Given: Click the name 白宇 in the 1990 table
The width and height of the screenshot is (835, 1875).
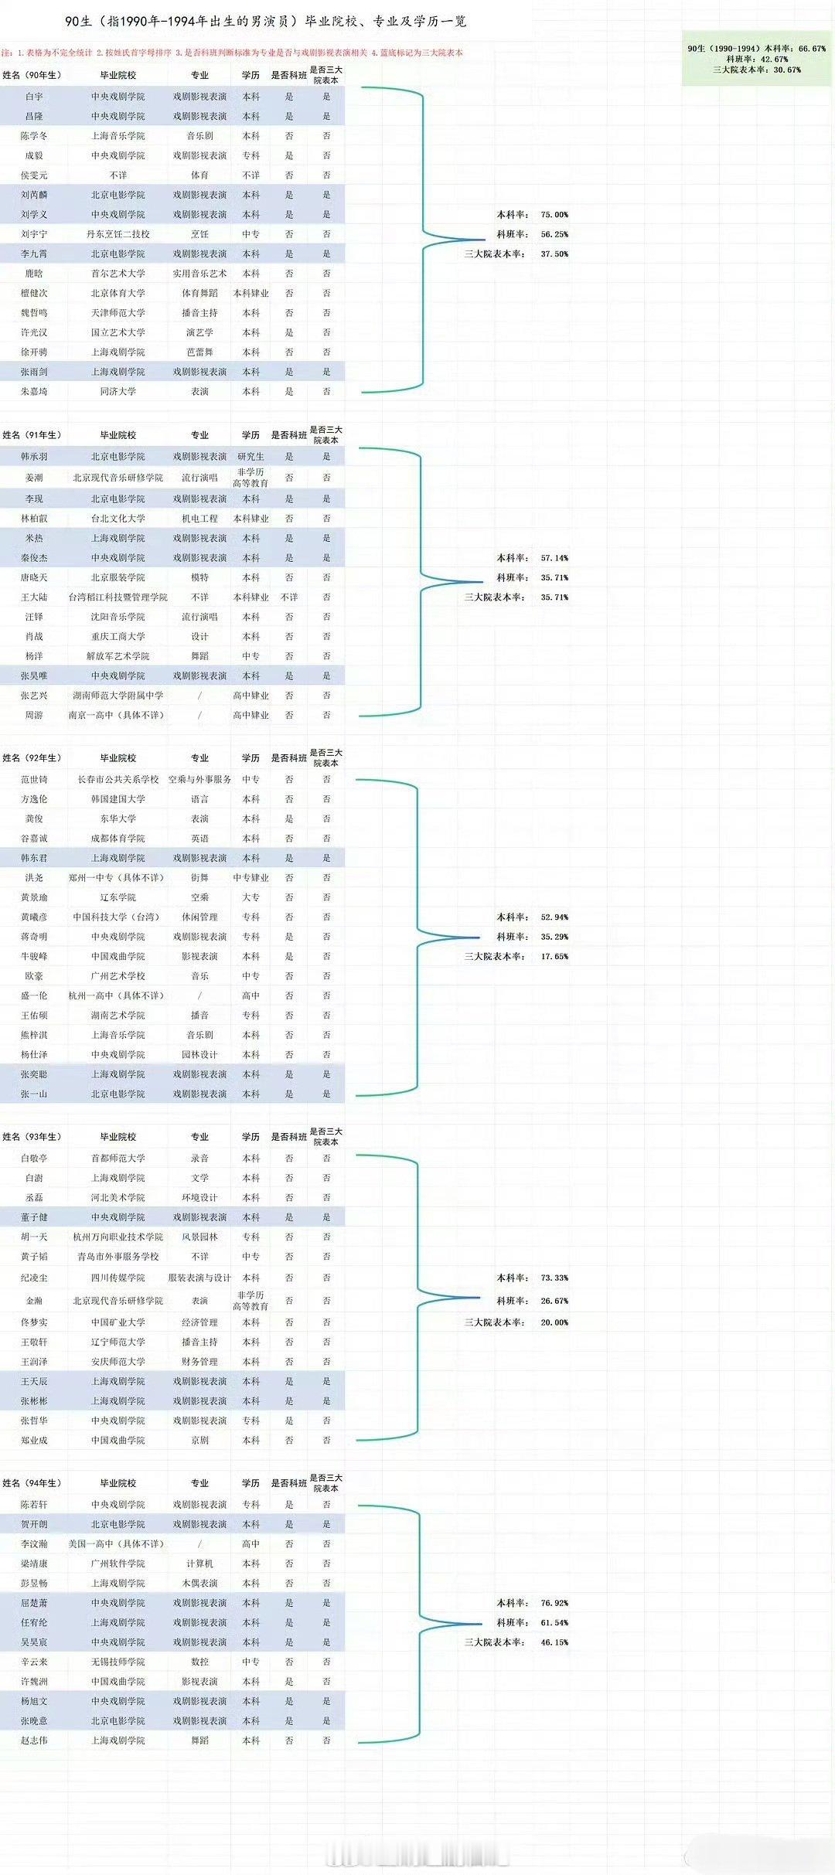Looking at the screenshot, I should click(34, 97).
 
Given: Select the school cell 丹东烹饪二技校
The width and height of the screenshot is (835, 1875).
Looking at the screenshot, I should click(118, 234).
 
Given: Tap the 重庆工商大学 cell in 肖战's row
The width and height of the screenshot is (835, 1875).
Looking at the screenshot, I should click(118, 636).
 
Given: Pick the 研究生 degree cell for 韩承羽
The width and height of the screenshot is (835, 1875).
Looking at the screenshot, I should click(250, 457).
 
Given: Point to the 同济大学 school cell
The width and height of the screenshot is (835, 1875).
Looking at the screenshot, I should click(118, 392).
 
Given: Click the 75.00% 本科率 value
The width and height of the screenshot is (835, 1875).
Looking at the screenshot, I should click(554, 215).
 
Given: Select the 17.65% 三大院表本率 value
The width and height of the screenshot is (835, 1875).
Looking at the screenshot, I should click(554, 957).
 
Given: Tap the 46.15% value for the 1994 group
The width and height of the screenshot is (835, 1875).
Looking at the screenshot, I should click(554, 1642).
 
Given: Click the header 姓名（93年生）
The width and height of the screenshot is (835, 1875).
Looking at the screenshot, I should click(32, 1137).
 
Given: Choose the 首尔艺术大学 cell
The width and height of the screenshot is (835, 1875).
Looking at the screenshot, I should click(118, 274).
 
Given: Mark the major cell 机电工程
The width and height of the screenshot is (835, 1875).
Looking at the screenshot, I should click(199, 519).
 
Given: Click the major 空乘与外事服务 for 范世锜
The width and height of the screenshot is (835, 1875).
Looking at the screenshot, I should click(199, 780).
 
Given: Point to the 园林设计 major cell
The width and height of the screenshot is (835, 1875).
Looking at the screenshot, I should click(199, 1055).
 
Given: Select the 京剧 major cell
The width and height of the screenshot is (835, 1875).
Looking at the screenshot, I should click(199, 1441).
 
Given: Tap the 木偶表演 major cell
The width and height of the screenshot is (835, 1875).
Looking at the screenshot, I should click(199, 1584).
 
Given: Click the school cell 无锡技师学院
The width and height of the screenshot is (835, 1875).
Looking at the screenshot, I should click(118, 1662).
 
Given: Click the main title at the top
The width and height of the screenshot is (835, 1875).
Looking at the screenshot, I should click(266, 22).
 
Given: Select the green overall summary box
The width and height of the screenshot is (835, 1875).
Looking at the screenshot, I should click(757, 59).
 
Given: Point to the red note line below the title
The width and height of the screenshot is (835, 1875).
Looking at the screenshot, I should click(232, 53).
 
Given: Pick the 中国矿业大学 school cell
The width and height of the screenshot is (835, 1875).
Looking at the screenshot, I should click(118, 1322).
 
